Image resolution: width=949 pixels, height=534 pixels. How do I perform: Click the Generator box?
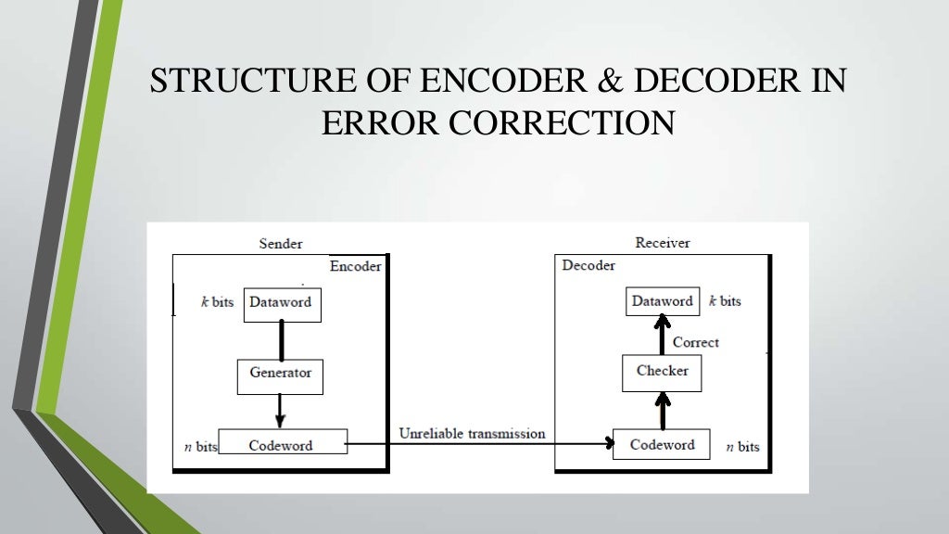coord(280,374)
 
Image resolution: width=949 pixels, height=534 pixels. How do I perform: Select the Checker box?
coord(662,372)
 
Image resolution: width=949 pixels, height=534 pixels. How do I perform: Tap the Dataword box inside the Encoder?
coord(282,303)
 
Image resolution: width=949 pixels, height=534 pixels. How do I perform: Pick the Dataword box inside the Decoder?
coord(662,301)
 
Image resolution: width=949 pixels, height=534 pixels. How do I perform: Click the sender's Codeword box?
coord(282,445)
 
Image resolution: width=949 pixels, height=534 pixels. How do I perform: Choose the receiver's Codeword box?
coord(662,445)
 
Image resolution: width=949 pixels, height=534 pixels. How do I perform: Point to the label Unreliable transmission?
coord(472,433)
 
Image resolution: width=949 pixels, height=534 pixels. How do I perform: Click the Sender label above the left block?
coord(280,244)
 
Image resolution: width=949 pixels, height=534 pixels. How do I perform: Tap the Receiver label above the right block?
coord(662,243)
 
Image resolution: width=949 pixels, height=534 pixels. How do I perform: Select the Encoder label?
coord(355,266)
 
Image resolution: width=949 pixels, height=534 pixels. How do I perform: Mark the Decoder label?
coord(588,266)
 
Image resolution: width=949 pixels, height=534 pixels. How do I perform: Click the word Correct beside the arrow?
coord(695,342)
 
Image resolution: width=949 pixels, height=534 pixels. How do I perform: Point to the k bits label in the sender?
coord(217,302)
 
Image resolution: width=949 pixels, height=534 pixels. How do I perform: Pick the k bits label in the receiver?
coord(725,301)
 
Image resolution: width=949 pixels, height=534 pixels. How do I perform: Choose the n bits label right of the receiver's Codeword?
coord(741,447)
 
